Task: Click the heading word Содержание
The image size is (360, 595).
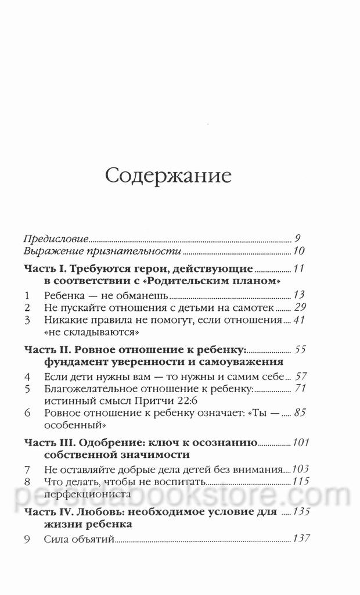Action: click(x=168, y=176)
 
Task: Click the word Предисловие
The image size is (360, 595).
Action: click(x=56, y=238)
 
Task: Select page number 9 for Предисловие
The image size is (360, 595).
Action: click(x=297, y=238)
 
